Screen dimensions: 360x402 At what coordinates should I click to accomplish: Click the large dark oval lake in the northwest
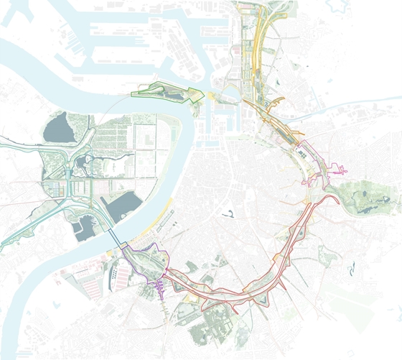56,127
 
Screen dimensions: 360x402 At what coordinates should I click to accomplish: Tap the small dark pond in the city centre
230,213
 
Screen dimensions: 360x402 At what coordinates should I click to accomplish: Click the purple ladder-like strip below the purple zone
159,288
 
